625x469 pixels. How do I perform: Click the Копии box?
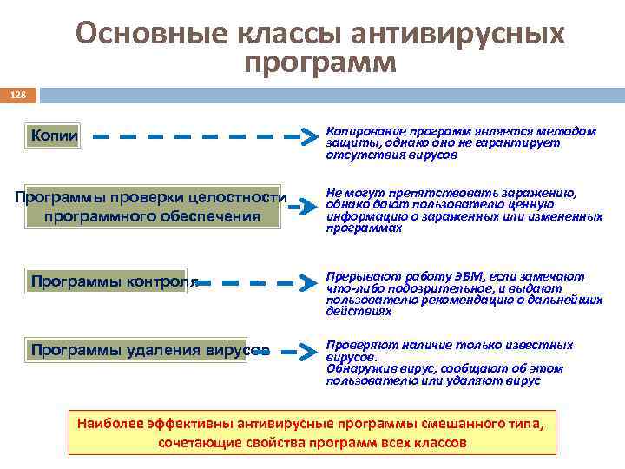point(54,135)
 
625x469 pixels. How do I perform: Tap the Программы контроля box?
point(105,281)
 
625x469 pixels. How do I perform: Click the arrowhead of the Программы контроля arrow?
point(306,282)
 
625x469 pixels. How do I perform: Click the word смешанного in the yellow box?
point(460,423)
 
